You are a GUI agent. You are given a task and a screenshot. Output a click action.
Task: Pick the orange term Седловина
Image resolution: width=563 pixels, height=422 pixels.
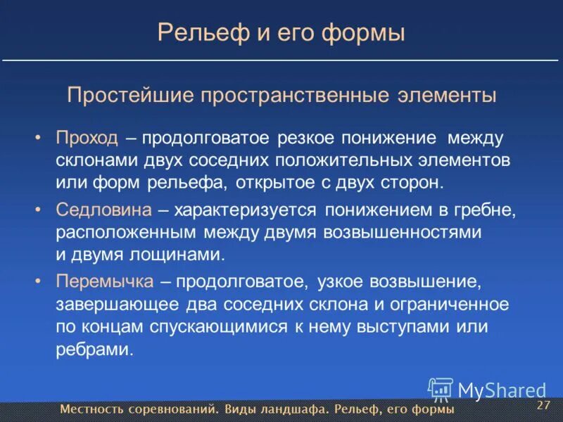(x=103, y=209)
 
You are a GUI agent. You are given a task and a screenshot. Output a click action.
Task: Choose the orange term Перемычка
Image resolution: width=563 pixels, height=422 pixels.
(x=105, y=282)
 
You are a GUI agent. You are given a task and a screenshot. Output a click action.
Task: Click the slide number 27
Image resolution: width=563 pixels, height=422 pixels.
(x=543, y=406)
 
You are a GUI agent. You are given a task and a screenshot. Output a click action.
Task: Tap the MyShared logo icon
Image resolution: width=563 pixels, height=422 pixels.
(x=441, y=389)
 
